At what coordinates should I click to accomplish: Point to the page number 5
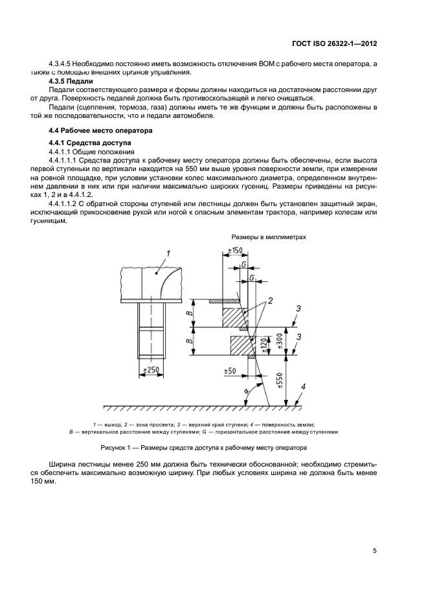[375, 551]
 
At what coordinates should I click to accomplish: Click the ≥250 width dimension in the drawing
[151, 371]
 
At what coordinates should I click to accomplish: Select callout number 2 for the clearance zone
[270, 301]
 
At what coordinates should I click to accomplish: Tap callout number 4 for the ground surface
[302, 389]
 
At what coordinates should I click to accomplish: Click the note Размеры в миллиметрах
[269, 238]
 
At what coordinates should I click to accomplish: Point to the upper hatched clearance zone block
[235, 318]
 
